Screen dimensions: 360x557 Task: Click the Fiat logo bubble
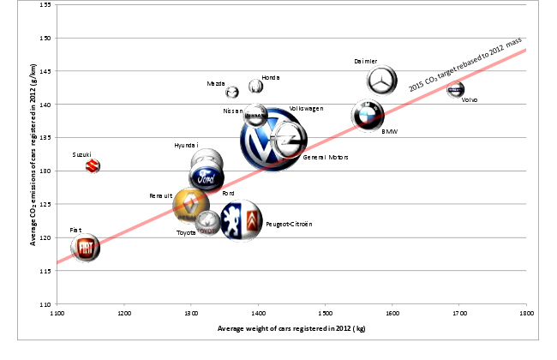pos(85,248)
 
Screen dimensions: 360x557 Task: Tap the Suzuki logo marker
pos(93,165)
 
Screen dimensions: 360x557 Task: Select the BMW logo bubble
pos(367,115)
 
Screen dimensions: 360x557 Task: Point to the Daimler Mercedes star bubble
pos(382,81)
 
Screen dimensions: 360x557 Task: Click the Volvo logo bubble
pos(456,90)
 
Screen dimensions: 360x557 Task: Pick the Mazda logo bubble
pos(232,92)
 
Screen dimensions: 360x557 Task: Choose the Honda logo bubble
pos(255,87)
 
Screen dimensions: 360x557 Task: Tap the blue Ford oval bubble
pos(207,178)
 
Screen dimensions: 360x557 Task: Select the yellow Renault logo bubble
pos(189,206)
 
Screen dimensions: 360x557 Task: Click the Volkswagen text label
pos(306,109)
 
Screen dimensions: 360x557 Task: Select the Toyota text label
pos(186,232)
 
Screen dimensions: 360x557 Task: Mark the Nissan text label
pos(232,111)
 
